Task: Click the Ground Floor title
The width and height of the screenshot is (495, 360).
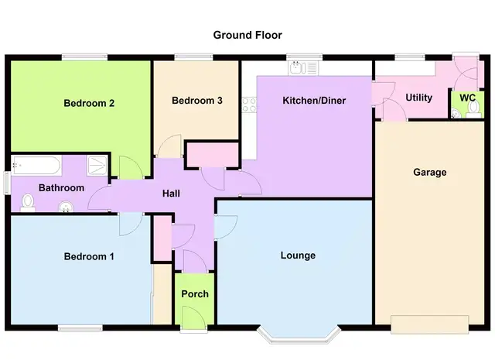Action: point(247,35)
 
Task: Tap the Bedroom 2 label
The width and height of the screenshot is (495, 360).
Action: point(89,103)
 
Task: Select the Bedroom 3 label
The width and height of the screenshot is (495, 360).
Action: point(197,101)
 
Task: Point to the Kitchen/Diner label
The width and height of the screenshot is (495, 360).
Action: point(314,101)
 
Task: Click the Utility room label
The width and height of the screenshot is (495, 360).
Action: point(419,98)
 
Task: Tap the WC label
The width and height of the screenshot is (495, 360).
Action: point(467,98)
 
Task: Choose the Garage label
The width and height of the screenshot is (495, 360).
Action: point(430,172)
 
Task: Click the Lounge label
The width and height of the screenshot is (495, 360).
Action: point(298,255)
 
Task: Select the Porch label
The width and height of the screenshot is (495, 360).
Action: point(195,294)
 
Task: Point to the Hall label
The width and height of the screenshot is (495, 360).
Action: point(171,194)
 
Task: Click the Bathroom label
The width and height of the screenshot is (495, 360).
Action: point(62,188)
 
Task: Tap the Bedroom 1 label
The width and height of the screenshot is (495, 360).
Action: point(89,256)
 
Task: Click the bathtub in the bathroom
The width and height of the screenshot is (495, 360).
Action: point(36,165)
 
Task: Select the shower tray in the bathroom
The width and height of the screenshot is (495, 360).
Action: point(97,166)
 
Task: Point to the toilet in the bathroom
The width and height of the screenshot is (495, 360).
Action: point(28,203)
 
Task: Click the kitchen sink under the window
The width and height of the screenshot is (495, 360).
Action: point(302,68)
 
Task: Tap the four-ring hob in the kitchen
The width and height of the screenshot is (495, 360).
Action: point(249,105)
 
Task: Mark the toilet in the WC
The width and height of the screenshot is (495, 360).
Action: point(473,110)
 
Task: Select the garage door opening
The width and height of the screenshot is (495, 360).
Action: point(430,324)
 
